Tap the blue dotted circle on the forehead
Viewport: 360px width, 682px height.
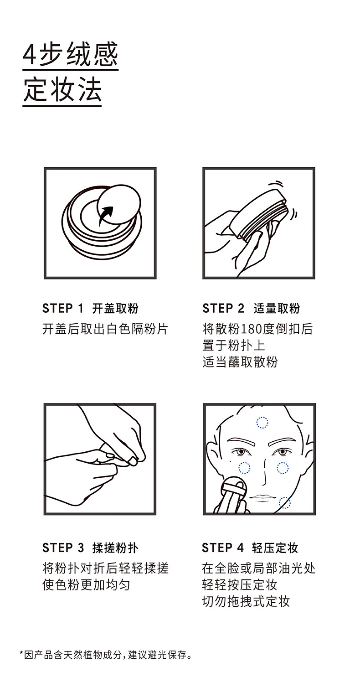click(262, 422)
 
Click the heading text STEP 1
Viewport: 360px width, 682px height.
click(63, 309)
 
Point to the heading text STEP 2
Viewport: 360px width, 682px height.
click(223, 309)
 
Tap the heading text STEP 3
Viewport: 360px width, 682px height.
click(63, 548)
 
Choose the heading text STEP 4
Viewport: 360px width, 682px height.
click(223, 548)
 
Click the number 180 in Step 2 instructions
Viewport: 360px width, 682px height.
click(252, 329)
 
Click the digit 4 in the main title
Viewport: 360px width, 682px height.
click(30, 55)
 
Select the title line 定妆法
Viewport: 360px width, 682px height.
click(62, 90)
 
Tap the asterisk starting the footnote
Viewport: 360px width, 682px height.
click(21, 652)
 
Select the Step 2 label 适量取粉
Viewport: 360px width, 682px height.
click(277, 309)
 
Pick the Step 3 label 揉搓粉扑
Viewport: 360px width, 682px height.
click(115, 548)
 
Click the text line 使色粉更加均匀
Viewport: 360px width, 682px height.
click(87, 585)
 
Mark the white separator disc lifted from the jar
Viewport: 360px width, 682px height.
click(119, 204)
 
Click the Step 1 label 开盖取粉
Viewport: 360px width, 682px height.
click(115, 309)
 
